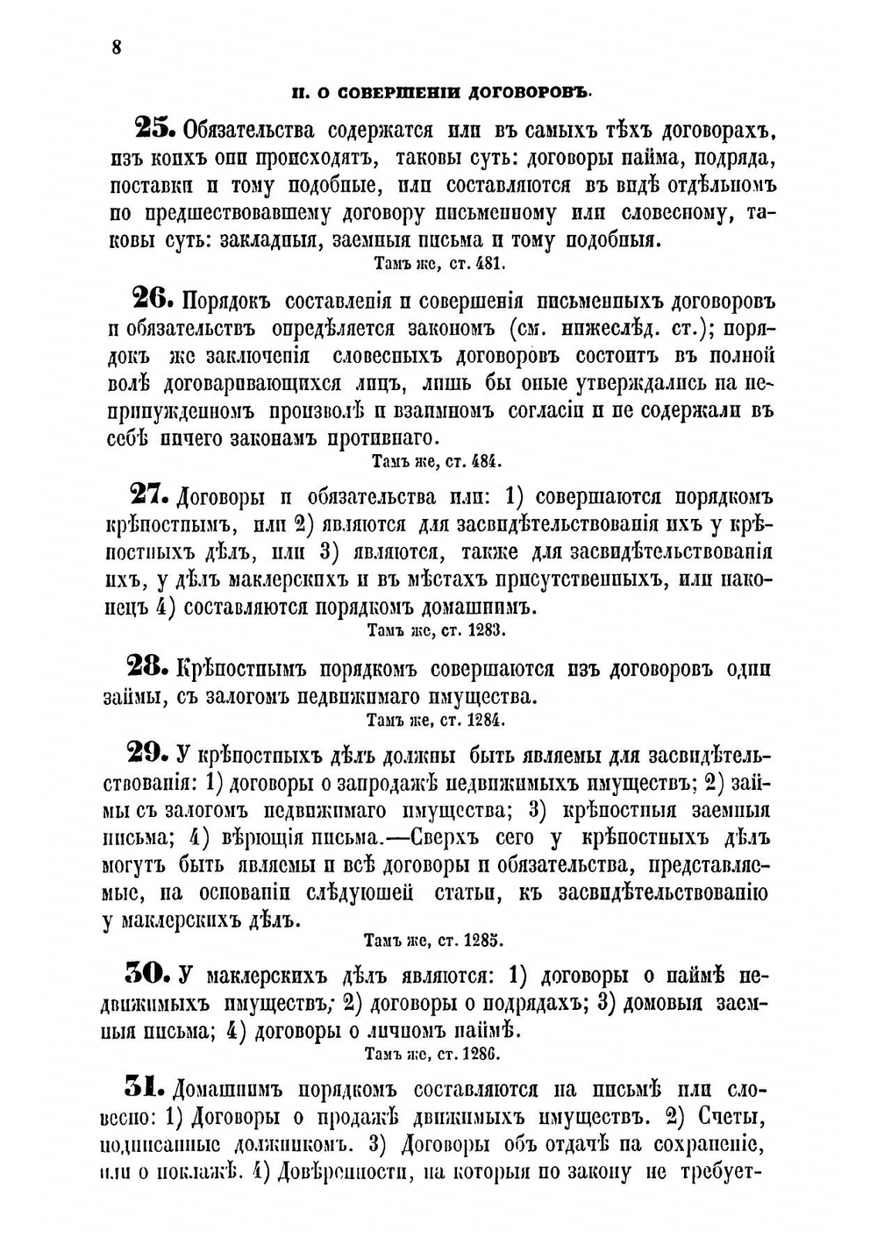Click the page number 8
116,47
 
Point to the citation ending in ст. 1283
436,629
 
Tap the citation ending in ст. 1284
436,721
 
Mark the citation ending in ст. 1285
433,941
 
